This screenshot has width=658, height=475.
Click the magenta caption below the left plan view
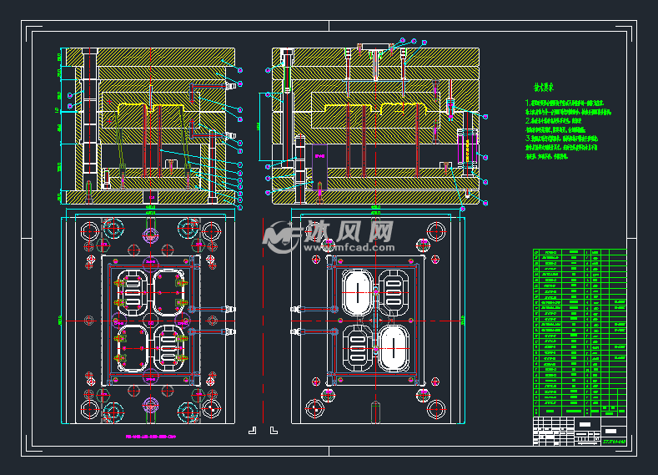[x=151, y=436]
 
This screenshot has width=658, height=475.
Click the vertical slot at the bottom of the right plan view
[x=375, y=412]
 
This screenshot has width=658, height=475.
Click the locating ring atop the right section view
[x=375, y=47]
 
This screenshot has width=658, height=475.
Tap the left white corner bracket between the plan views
[x=253, y=431]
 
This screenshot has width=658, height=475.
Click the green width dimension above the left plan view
[x=151, y=206]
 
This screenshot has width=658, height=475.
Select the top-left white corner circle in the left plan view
[x=88, y=230]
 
